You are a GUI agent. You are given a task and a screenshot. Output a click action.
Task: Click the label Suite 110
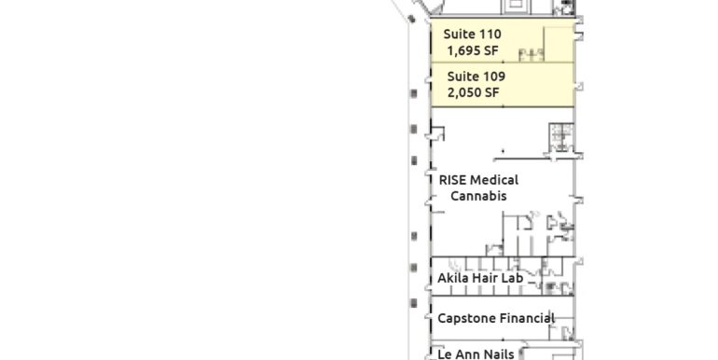click(x=474, y=35)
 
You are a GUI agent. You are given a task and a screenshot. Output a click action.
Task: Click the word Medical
click(x=494, y=180)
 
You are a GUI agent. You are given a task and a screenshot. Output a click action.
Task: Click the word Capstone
click(x=466, y=318)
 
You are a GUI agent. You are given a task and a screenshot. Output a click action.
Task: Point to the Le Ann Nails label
click(x=476, y=354)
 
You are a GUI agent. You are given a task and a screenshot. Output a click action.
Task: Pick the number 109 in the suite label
click(x=495, y=76)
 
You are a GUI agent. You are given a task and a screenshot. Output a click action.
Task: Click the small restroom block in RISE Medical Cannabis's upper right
click(x=559, y=136)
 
